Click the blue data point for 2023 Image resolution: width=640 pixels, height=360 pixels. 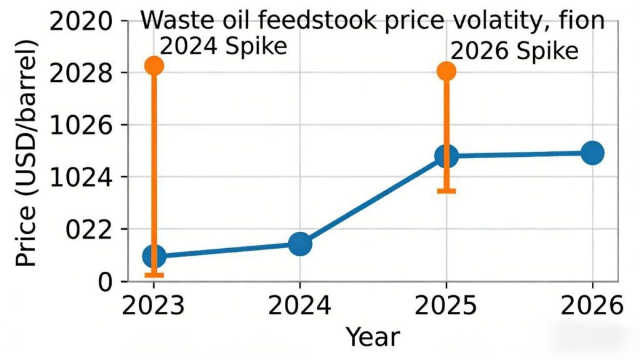[154, 256]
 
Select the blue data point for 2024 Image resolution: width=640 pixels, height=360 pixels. [300, 244]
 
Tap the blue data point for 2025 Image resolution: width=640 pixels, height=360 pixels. [446, 156]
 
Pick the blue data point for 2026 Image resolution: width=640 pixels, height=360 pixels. [592, 152]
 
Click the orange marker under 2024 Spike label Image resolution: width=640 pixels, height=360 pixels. [154, 66]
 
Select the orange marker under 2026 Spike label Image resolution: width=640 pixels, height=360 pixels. [446, 71]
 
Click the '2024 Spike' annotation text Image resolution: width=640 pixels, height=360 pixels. [223, 46]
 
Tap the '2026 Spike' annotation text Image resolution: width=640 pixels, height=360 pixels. [514, 51]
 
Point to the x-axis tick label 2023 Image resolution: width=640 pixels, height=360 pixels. [154, 306]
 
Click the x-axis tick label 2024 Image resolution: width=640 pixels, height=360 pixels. [300, 306]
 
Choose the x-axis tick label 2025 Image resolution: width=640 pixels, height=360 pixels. [446, 306]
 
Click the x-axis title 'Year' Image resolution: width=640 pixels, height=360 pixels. [372, 337]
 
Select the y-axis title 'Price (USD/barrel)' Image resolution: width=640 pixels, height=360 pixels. [26, 153]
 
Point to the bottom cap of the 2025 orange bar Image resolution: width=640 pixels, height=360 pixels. [446, 191]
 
